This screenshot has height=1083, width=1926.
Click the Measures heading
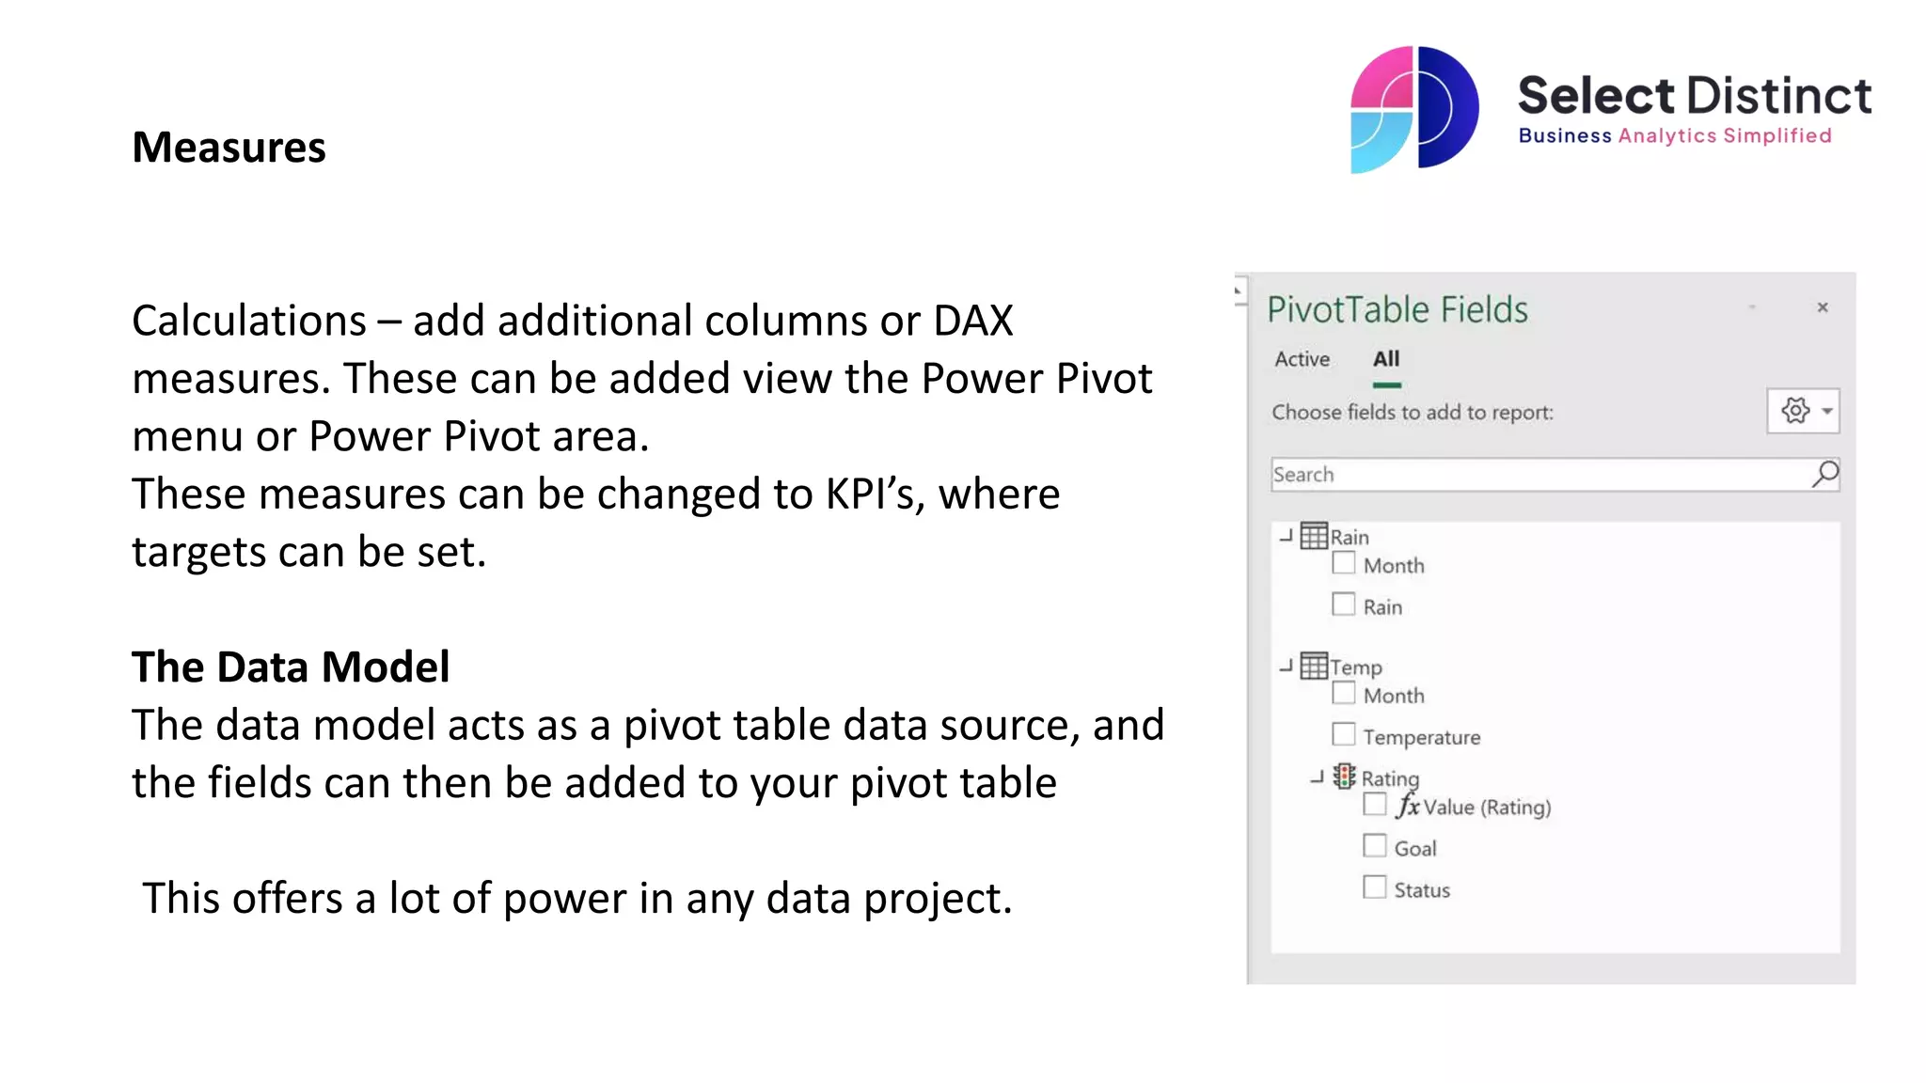coord(229,148)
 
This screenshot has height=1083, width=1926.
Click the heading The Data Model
coord(291,667)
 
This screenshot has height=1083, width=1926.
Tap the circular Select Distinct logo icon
coord(1413,109)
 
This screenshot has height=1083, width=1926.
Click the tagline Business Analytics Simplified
coord(1674,135)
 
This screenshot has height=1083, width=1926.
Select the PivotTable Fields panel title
coord(1397,309)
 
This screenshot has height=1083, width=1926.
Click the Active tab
coord(1302,359)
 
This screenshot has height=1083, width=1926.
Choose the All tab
coord(1385,359)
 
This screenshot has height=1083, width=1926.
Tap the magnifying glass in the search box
coord(1824,474)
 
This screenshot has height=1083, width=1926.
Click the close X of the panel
coord(1822,307)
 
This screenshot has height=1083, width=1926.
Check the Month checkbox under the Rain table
coord(1343,563)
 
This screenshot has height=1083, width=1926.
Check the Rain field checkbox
coord(1343,604)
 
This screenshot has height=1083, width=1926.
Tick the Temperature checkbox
coord(1343,734)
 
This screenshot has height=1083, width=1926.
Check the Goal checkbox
coord(1374,845)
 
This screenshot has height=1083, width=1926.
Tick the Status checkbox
coord(1374,887)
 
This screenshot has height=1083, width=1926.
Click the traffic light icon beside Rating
coord(1344,777)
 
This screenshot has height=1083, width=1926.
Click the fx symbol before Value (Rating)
coord(1407,806)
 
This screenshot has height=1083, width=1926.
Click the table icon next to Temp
coord(1313,666)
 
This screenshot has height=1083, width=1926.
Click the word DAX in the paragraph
coord(972,321)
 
